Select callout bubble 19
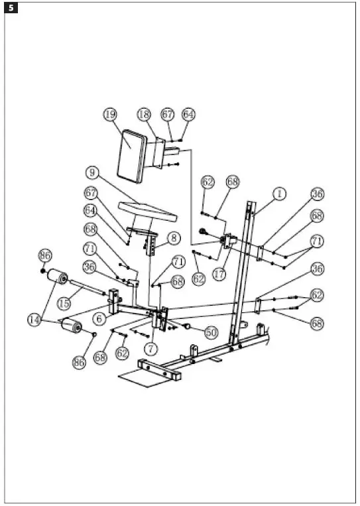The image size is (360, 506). (111, 114)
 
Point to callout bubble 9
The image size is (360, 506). (93, 172)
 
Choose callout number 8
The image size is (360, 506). (174, 237)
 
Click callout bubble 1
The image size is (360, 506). (279, 194)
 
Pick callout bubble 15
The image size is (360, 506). (64, 302)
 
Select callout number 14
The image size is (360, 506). (36, 320)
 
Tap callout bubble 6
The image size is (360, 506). (98, 319)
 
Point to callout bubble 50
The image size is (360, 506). (211, 332)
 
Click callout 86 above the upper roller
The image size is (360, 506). (44, 255)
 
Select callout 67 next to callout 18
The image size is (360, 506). (168, 114)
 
